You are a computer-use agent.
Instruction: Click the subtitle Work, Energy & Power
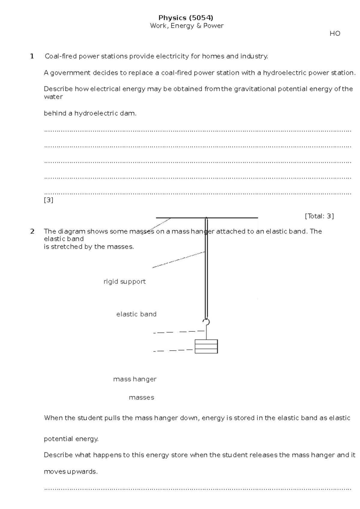point(187,26)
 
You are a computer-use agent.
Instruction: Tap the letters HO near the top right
point(335,34)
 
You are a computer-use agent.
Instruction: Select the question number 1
point(32,56)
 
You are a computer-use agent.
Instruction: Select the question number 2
point(32,231)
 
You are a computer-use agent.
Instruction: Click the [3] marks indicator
point(49,200)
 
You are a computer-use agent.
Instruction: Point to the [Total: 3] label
point(319,216)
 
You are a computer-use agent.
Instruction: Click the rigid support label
point(124,282)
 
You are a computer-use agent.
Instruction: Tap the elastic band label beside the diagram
point(136,314)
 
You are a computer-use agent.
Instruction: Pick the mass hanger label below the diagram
point(135,379)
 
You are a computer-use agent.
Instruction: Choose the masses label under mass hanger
point(141,398)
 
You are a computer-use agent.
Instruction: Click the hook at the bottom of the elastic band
point(206,322)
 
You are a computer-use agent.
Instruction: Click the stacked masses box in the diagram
point(206,346)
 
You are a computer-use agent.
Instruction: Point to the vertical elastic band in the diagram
point(206,270)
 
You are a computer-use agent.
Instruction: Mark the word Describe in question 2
point(58,455)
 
